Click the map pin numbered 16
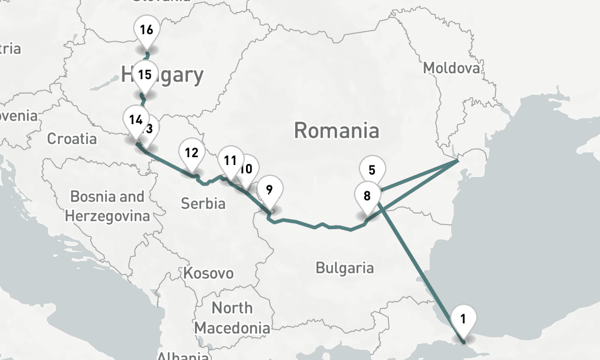pyautogui.click(x=146, y=31)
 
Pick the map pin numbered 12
pyautogui.click(x=191, y=154)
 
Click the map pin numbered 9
pyautogui.click(x=269, y=191)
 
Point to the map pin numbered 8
pyautogui.click(x=367, y=196)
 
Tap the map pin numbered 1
pyautogui.click(x=463, y=319)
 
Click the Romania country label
pyautogui.click(x=337, y=130)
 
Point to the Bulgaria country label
pyautogui.click(x=344, y=268)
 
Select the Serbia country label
pyautogui.click(x=203, y=203)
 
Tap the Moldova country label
pyautogui.click(x=452, y=68)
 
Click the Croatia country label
pyautogui.click(x=72, y=139)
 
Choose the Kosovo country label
pyautogui.click(x=208, y=274)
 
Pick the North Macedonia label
pyautogui.click(x=232, y=318)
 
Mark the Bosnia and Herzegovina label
pyautogui.click(x=107, y=206)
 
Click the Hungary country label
pyautogui.click(x=163, y=75)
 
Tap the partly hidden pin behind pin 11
pyautogui.click(x=247, y=170)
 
